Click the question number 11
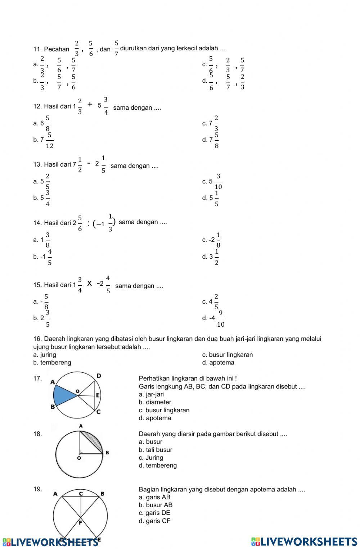pos(37,49)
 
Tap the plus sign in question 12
pos(90,105)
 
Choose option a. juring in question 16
pos(45,355)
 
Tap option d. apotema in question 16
pos(218,363)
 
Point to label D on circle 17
pos(99,376)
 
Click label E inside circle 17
pos(97,395)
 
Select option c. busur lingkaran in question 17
pos(164,410)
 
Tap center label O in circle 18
pos(79,459)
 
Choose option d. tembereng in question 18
pos(158,466)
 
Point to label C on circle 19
pos(81,494)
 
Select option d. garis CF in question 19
pos(154,521)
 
